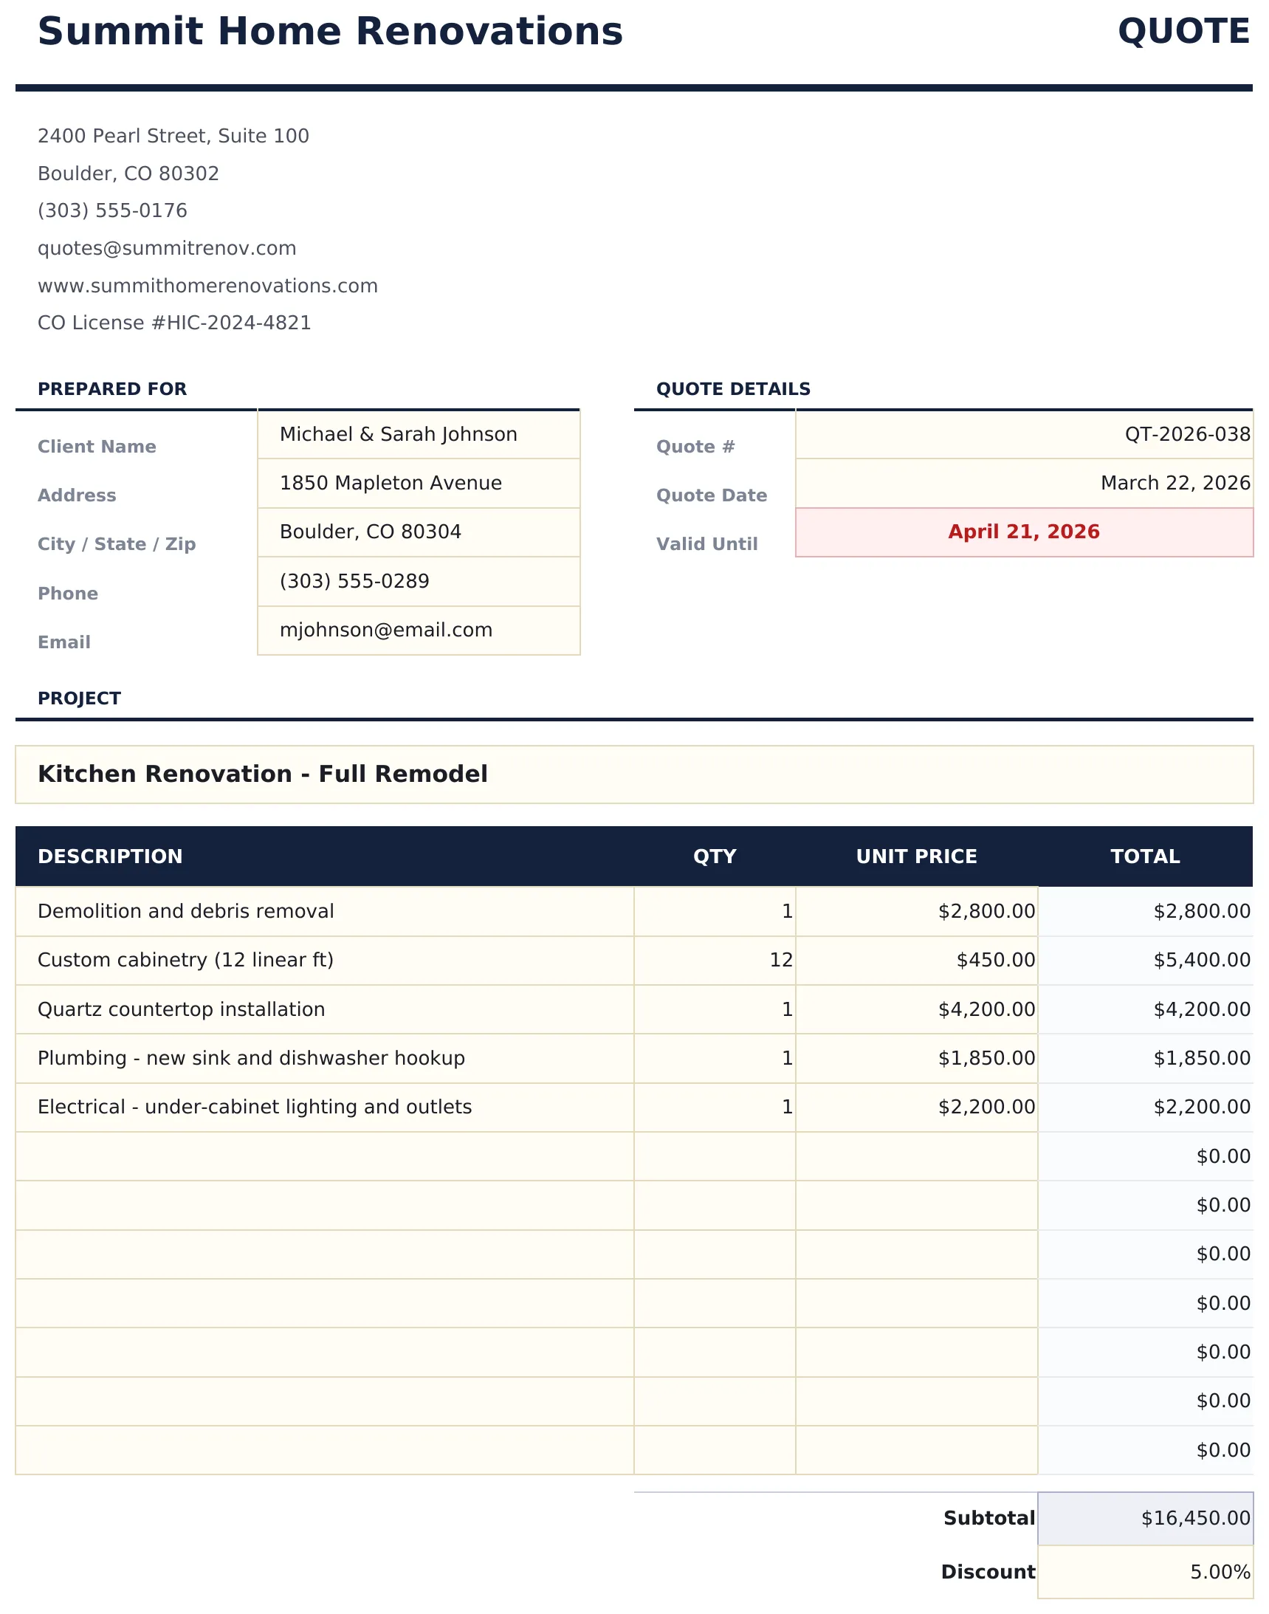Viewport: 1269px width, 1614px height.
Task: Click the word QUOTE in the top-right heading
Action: click(1183, 32)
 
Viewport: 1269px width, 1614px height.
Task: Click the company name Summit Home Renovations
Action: click(330, 32)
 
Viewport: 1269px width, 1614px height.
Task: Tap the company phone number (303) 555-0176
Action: click(112, 210)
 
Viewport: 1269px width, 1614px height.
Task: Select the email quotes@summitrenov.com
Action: click(166, 248)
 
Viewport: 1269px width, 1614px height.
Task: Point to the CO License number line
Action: click(174, 323)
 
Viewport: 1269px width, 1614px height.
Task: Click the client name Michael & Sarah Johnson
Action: click(398, 434)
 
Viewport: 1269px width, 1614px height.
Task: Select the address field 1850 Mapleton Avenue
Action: click(391, 483)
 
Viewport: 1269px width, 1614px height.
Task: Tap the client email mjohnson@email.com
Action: click(385, 630)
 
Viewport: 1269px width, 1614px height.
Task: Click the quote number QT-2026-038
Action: click(1186, 434)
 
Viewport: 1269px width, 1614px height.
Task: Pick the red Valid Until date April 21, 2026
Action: click(1023, 532)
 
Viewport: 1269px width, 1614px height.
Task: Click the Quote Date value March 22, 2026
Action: click(1175, 483)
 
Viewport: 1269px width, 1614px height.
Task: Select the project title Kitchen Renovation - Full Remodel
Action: click(262, 774)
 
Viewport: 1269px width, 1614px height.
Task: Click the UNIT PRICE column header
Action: click(916, 856)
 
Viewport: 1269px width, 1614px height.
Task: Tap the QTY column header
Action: click(714, 856)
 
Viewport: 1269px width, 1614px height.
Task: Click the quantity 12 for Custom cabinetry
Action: click(781, 960)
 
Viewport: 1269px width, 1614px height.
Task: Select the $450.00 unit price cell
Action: click(995, 960)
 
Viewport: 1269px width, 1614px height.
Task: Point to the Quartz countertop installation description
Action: click(182, 1009)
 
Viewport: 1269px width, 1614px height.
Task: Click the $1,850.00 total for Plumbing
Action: click(1201, 1058)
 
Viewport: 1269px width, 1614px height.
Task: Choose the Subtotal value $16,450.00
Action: click(1194, 1518)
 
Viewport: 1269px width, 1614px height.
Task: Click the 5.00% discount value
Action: click(1220, 1572)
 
